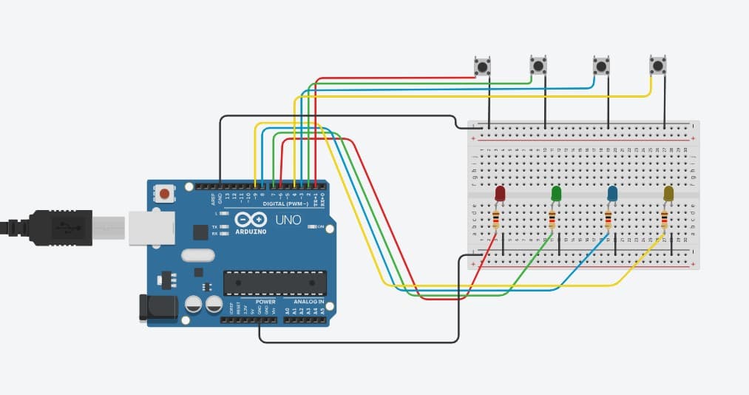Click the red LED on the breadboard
coord(500,194)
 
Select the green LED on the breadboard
coord(556,194)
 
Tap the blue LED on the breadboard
coord(612,194)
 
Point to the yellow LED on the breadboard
coord(668,194)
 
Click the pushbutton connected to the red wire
coord(482,67)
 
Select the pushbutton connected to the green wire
coord(538,67)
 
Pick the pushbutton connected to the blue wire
coord(602,67)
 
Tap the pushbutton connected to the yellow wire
coord(657,67)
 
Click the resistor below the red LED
coord(495,220)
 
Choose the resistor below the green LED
coord(552,220)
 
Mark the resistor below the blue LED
coord(608,220)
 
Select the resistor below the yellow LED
coord(664,220)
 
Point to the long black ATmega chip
coord(274,282)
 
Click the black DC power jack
coord(157,308)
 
